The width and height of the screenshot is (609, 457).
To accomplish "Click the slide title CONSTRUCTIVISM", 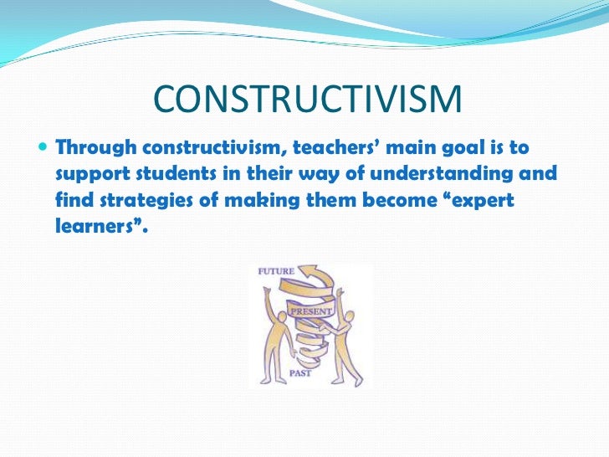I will (307, 101).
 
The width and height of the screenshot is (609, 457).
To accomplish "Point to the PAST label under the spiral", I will (300, 373).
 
